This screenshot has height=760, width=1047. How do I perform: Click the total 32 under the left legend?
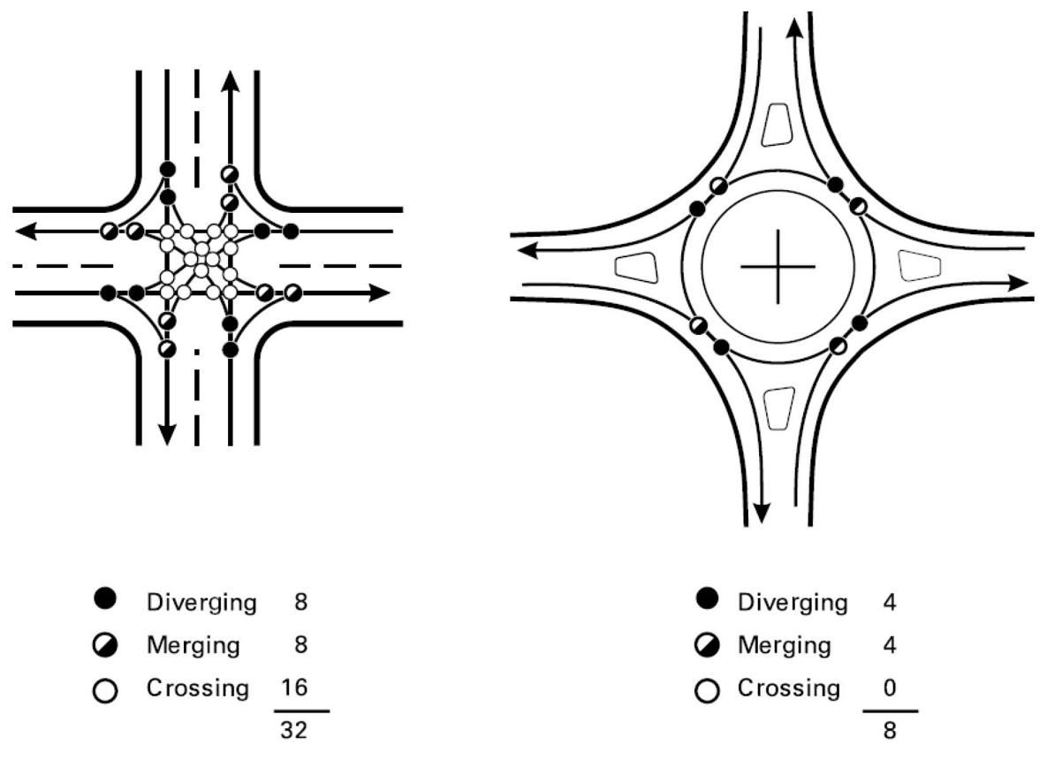point(294,730)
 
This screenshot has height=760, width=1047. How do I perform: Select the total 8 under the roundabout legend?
point(890,730)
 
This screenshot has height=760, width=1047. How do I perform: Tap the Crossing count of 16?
point(294,688)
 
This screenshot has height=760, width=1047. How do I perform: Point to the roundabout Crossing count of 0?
point(890,688)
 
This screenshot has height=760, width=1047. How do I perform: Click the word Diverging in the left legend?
point(201,603)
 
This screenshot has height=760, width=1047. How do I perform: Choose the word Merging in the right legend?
point(785,645)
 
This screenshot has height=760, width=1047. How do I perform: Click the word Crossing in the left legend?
point(198,688)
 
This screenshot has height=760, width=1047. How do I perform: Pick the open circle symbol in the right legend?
point(707,690)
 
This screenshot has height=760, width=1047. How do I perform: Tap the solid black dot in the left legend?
point(105,598)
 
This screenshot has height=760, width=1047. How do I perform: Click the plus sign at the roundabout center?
point(778,267)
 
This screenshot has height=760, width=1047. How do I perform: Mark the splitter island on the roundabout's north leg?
point(777,125)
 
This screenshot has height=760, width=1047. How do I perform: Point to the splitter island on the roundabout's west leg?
point(636,268)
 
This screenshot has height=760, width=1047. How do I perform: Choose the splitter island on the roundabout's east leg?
point(920,265)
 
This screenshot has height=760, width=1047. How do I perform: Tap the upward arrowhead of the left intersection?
point(231,81)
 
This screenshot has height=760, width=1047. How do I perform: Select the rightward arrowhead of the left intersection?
point(379,293)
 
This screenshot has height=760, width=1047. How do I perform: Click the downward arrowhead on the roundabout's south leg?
point(762,513)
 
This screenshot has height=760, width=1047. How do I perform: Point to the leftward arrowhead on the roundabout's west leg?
point(529,250)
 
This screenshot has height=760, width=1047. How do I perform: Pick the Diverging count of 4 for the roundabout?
point(890,603)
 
